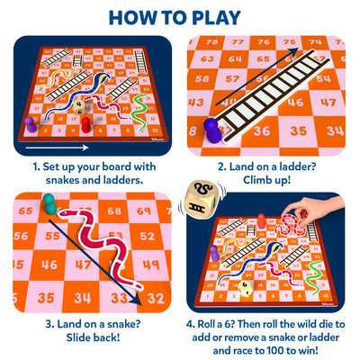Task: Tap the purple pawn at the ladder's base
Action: point(211,126)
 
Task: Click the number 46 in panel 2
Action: point(295,103)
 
